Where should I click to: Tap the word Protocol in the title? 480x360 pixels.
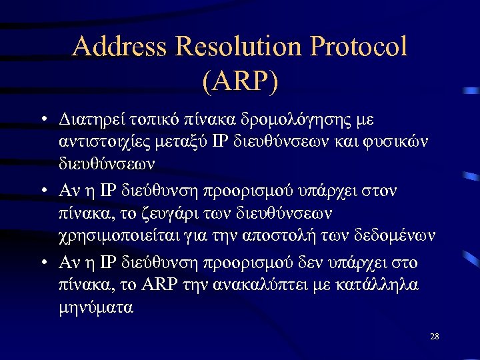pyautogui.click(x=366, y=47)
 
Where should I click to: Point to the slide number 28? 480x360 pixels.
pyautogui.click(x=434, y=337)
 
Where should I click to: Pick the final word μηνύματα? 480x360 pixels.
pyautogui.click(x=94, y=307)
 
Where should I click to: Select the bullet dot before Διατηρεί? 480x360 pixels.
pyautogui.click(x=42, y=121)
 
